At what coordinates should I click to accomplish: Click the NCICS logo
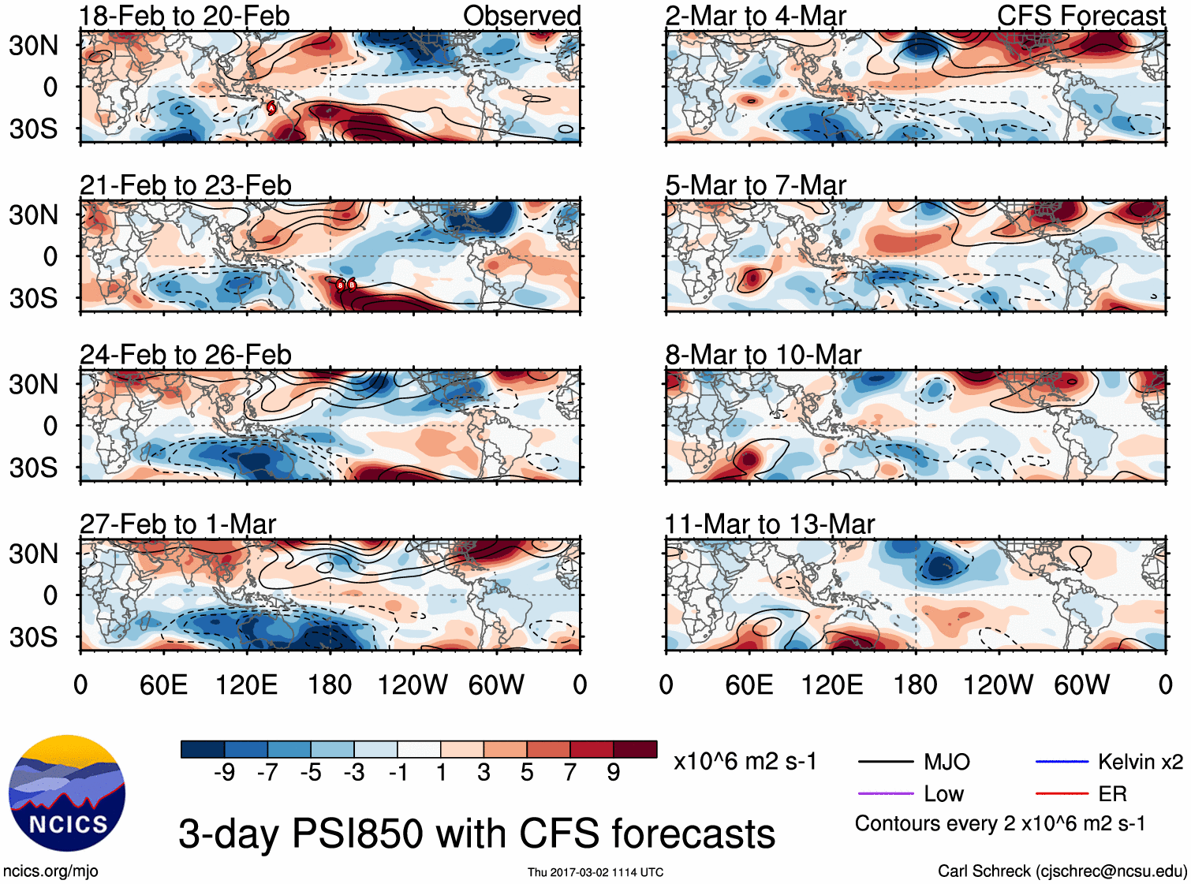(66, 793)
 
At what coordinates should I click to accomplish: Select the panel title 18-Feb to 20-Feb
(185, 16)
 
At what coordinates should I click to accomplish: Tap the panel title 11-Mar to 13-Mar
(770, 524)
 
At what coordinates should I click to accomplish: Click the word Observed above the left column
(521, 16)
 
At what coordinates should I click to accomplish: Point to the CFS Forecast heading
(1081, 16)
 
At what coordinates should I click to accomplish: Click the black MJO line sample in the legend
(885, 762)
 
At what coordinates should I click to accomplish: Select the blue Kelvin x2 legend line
(1062, 762)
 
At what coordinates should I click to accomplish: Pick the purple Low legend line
(885, 794)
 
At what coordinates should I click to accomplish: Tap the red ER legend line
(1062, 794)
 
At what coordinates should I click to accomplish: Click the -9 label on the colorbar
(224, 773)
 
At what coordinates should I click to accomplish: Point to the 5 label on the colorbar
(527, 773)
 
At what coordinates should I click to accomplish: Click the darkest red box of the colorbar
(635, 749)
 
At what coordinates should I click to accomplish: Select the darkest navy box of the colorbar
(203, 749)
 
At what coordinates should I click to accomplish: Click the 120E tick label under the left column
(246, 684)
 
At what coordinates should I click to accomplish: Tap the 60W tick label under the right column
(1081, 684)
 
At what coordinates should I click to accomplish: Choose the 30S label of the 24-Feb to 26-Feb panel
(33, 468)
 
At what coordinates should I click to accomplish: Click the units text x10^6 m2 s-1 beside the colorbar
(745, 762)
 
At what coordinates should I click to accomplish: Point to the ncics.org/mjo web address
(50, 871)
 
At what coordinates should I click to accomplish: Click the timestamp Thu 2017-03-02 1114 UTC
(595, 872)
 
